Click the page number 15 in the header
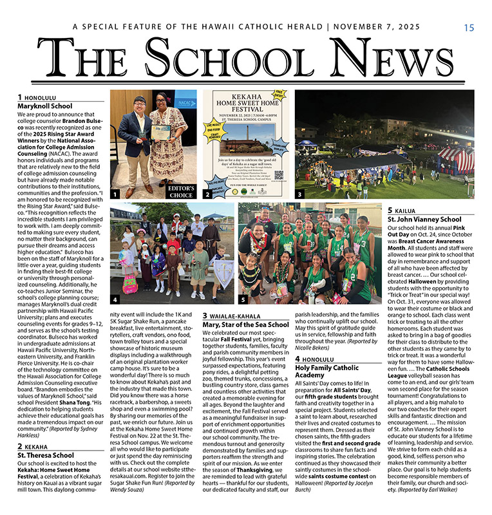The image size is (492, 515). pyautogui.click(x=468, y=28)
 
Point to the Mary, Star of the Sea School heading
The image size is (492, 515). pyautogui.click(x=245, y=324)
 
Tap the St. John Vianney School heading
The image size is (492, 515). pyautogui.click(x=424, y=220)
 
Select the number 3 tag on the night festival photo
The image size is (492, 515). pyautogui.click(x=299, y=193)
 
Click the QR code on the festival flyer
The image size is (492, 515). pyautogui.click(x=279, y=174)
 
